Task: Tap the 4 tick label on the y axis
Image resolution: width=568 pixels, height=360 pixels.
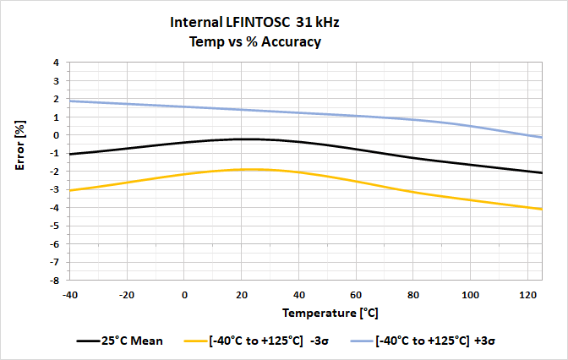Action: pos(57,63)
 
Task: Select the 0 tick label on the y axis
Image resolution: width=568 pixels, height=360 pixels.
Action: pos(57,135)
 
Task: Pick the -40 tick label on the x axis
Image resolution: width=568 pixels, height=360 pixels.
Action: pos(71,295)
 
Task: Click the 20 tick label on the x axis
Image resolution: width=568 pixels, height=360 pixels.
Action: pos(242,295)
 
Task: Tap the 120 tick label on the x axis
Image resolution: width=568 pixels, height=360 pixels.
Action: pos(527,295)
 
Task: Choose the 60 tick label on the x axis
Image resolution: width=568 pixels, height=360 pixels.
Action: pos(356,295)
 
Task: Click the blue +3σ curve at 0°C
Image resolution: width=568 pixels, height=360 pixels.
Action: pos(185,106)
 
